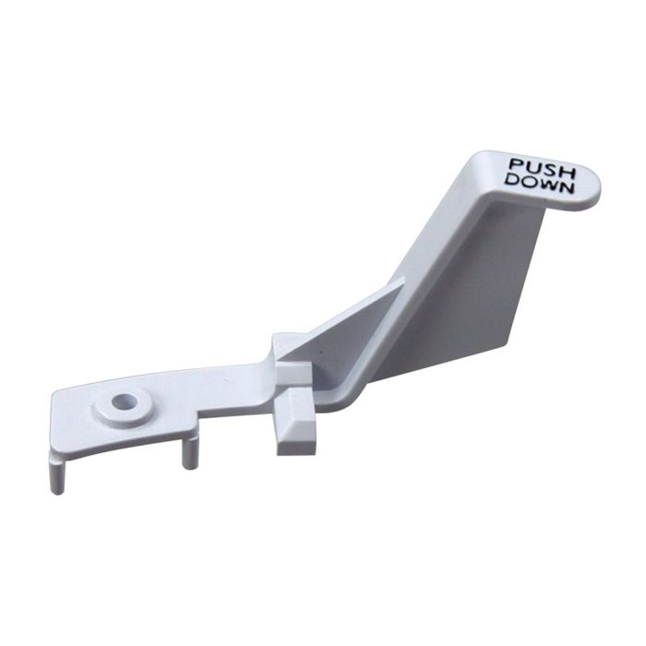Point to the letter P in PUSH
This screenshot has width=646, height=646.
514,166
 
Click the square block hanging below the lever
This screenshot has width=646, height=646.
295,425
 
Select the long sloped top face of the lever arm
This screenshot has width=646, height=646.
434,249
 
